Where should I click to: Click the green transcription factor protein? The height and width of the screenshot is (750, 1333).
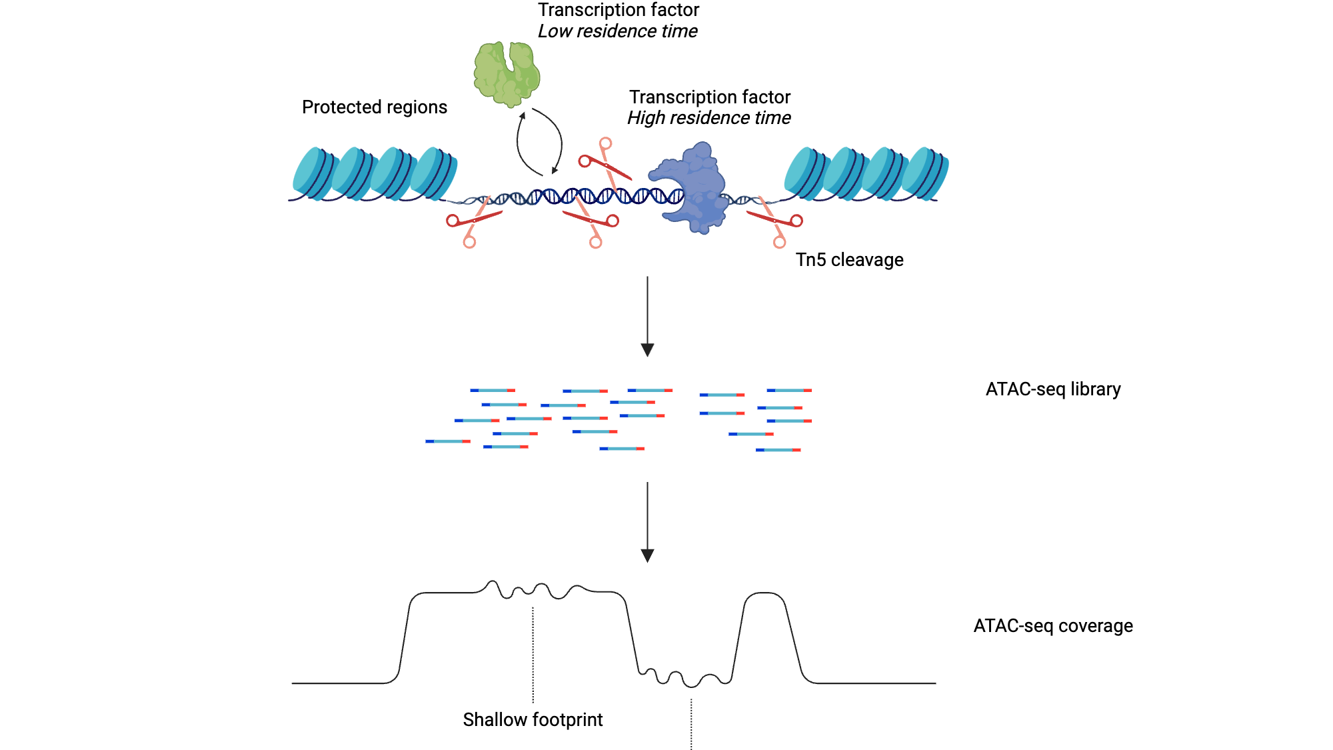pyautogui.click(x=507, y=74)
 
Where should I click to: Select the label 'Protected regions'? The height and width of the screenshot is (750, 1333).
pyautogui.click(x=374, y=107)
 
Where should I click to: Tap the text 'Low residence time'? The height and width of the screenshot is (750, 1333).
pyautogui.click(x=617, y=31)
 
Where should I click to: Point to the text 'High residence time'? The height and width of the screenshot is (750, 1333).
pyautogui.click(x=708, y=118)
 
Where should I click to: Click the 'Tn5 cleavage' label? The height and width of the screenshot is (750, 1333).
pyautogui.click(x=849, y=260)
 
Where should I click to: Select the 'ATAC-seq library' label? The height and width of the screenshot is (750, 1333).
pyautogui.click(x=1052, y=389)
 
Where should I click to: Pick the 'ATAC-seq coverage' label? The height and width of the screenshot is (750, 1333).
pyautogui.click(x=1052, y=626)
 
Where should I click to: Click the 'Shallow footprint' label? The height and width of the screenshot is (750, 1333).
pyautogui.click(x=533, y=720)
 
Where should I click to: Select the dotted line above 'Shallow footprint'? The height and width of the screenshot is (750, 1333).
pyautogui.click(x=533, y=653)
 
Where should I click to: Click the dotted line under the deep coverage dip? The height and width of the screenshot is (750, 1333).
pyautogui.click(x=691, y=723)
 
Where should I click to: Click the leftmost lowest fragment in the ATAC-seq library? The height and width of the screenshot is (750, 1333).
pyautogui.click(x=448, y=441)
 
